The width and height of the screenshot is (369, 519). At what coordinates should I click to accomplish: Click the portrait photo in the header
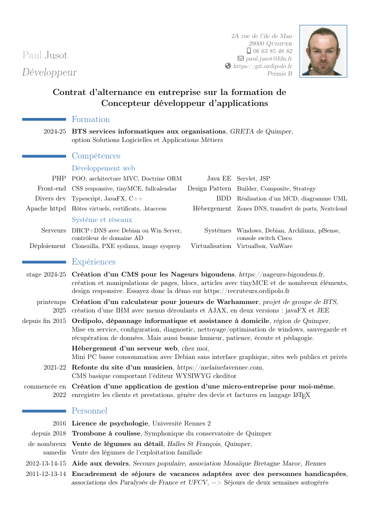click(x=323, y=51)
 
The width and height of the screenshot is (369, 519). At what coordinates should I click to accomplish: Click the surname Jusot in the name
click(x=56, y=55)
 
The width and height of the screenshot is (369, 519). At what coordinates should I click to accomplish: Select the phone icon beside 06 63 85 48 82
click(x=249, y=51)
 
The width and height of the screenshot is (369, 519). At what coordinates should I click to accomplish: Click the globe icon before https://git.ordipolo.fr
click(x=228, y=66)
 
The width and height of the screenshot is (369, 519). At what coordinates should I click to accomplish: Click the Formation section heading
click(x=91, y=119)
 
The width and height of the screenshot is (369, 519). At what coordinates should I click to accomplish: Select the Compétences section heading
click(x=96, y=156)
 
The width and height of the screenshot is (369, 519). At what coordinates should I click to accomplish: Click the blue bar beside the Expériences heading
click(x=44, y=262)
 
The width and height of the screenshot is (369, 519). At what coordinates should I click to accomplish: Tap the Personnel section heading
click(x=90, y=411)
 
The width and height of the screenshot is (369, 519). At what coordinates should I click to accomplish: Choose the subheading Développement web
click(x=103, y=168)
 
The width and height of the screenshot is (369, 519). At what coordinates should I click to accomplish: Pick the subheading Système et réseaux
click(x=102, y=220)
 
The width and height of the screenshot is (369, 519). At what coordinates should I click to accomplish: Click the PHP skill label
click(x=59, y=178)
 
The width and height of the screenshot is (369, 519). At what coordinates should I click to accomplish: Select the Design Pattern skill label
click(x=209, y=188)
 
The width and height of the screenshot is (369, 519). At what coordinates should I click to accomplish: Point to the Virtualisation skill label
click(x=211, y=246)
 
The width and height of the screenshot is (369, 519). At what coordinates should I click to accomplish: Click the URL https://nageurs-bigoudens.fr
click(x=281, y=274)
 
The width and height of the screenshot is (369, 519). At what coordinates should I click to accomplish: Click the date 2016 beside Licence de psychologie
click(x=59, y=423)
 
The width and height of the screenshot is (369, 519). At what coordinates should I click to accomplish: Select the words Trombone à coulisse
click(x=107, y=433)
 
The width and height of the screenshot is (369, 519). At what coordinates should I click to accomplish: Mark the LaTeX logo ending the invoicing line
click(x=302, y=395)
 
